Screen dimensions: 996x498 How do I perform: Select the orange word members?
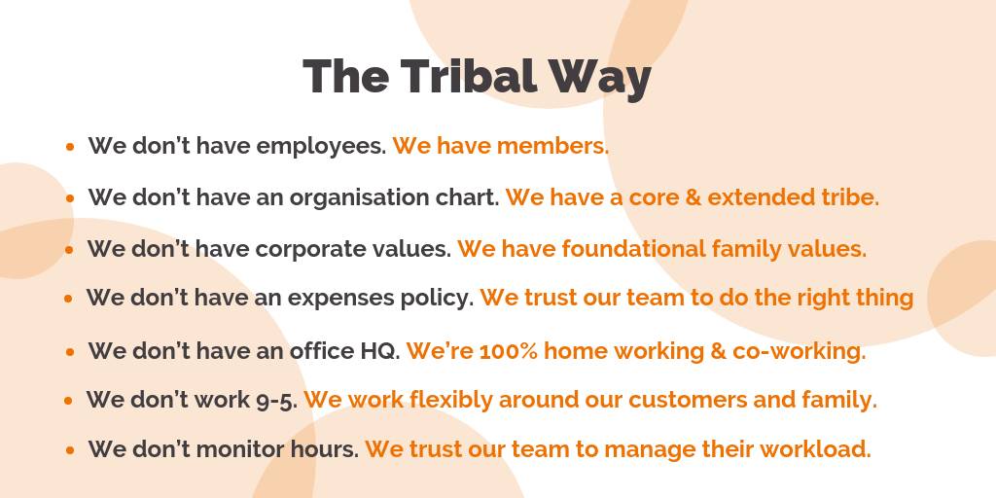click(x=552, y=146)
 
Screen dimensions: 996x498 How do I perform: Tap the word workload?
click(x=816, y=449)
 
